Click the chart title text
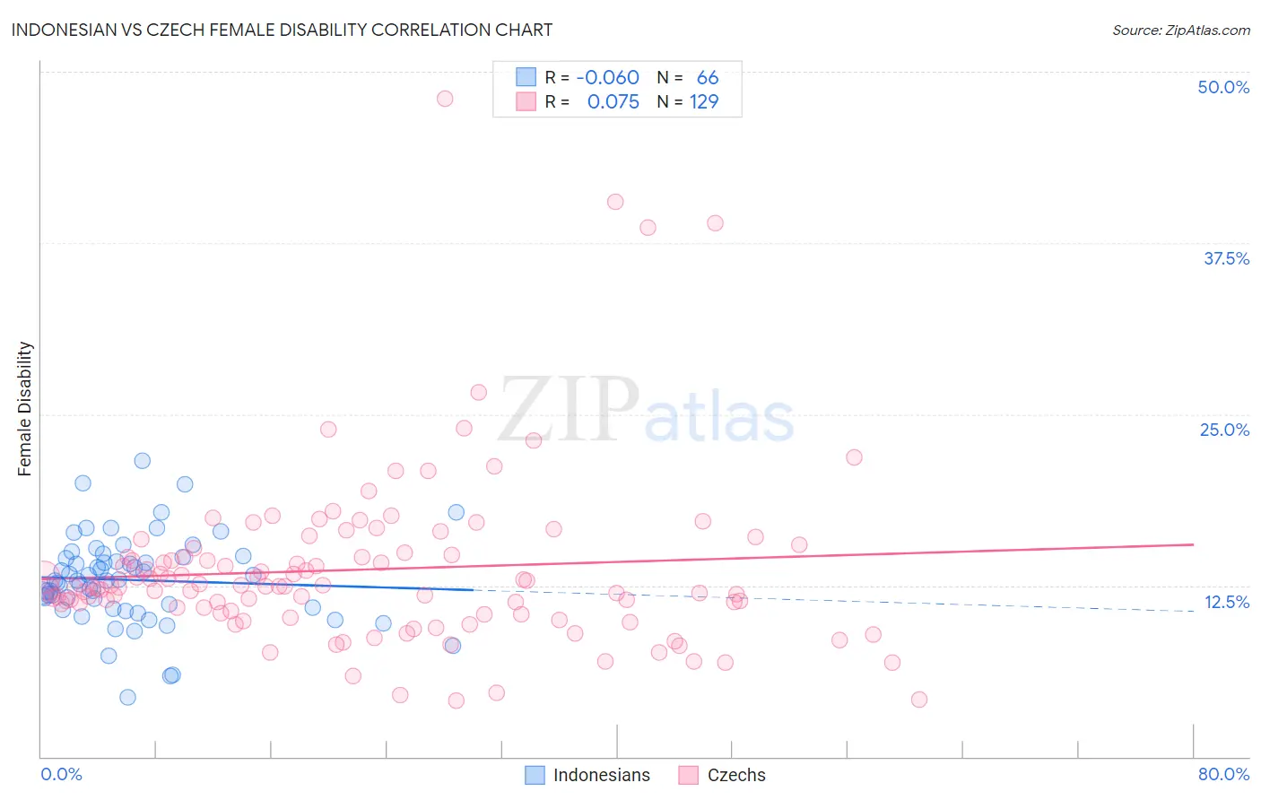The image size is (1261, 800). [x=282, y=30]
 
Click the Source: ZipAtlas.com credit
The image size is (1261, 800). [x=1180, y=30]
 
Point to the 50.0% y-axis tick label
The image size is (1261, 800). [x=1223, y=87]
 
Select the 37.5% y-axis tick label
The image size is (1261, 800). [x=1226, y=258]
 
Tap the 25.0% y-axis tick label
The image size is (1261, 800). [x=1224, y=430]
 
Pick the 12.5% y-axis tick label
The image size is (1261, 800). [x=1226, y=602]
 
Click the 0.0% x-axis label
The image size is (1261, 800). [x=61, y=774]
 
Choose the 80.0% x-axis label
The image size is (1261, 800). [x=1223, y=774]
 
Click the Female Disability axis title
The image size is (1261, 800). [x=25, y=408]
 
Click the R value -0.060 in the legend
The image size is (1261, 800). [x=607, y=78]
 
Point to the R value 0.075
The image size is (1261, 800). [x=613, y=102]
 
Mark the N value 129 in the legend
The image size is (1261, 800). [x=703, y=102]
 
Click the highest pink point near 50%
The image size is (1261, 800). [x=445, y=99]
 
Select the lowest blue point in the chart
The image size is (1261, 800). [x=127, y=697]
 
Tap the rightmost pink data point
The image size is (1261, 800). [x=918, y=700]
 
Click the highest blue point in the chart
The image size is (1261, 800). [x=142, y=461]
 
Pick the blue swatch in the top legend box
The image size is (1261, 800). [x=526, y=78]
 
